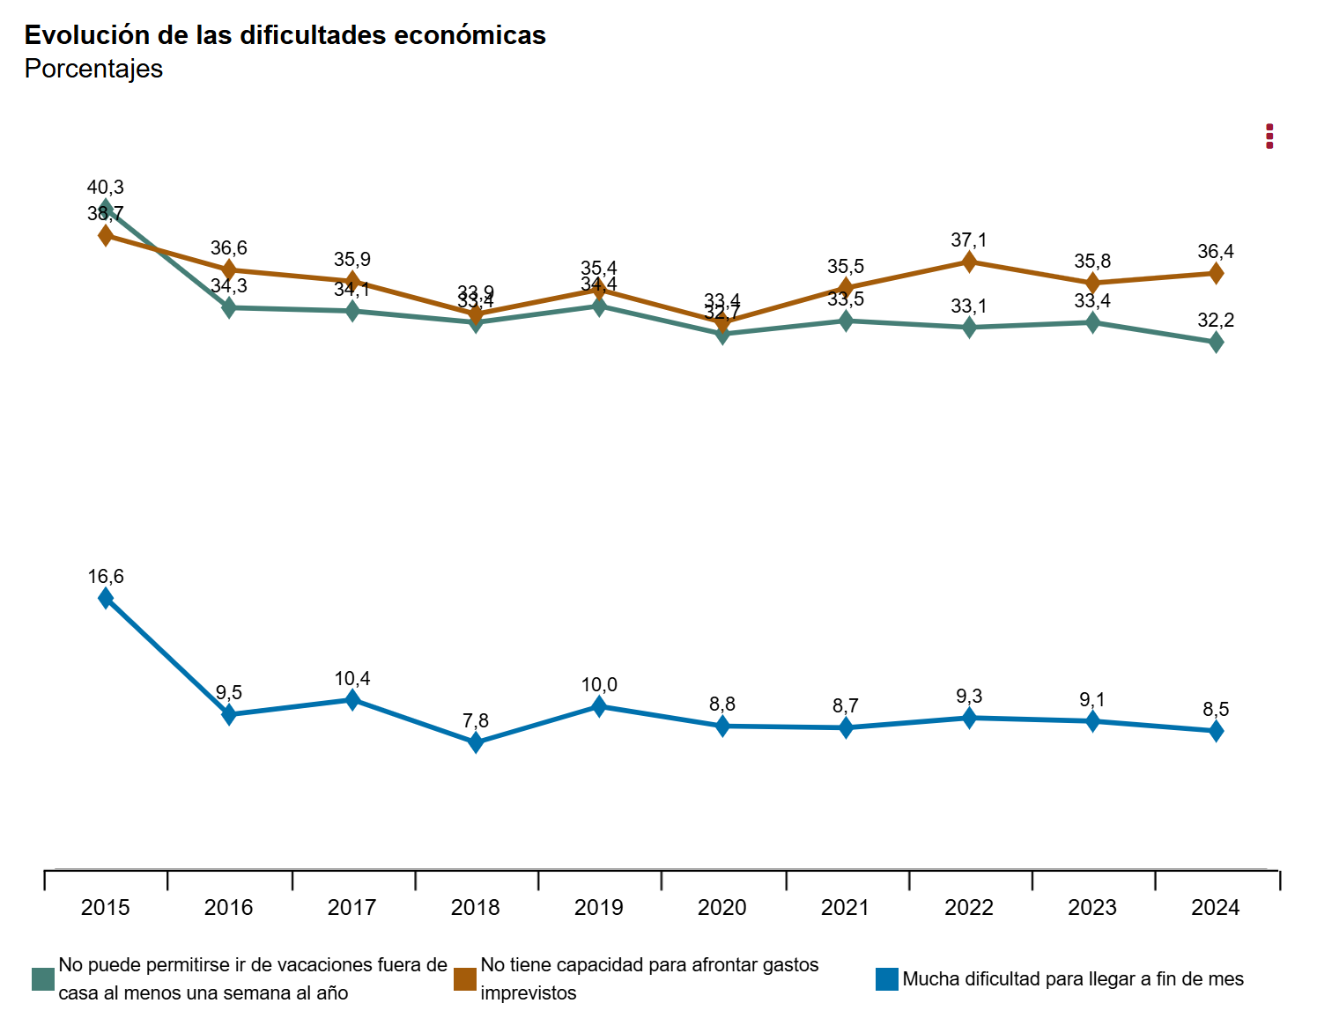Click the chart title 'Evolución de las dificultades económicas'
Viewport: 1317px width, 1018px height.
tap(285, 35)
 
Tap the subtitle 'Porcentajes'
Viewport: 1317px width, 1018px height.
tap(93, 69)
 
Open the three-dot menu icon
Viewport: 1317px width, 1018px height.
tap(1269, 136)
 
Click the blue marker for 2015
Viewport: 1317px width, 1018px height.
tap(106, 598)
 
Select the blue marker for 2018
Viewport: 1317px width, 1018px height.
tap(476, 742)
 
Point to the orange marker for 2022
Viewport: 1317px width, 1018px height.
tap(969, 262)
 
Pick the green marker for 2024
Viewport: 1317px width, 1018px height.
tap(1216, 343)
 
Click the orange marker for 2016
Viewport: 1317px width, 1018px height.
tap(229, 269)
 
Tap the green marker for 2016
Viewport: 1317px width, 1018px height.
tap(229, 307)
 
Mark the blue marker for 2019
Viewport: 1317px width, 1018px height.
tap(599, 705)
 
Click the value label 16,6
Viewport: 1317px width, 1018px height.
tap(106, 577)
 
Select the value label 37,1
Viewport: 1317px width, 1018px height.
tap(969, 240)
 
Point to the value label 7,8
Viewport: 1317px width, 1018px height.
tap(476, 721)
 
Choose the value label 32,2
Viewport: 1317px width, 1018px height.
tap(1216, 321)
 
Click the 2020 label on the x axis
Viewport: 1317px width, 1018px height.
tap(721, 908)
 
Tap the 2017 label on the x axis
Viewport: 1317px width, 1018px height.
tap(351, 908)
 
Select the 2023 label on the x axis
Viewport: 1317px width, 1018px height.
tap(1092, 908)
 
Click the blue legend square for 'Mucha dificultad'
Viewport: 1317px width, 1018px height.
tap(887, 979)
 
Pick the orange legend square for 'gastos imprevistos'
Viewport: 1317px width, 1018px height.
tap(465, 979)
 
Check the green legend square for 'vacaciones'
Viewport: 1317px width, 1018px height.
tap(43, 979)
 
